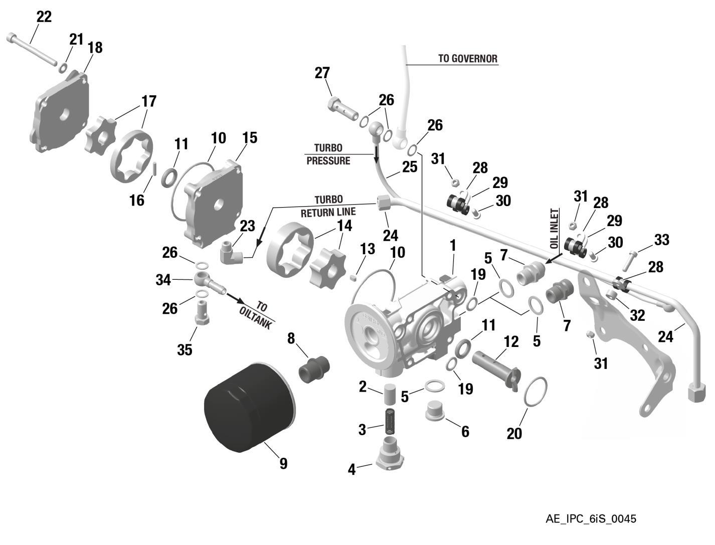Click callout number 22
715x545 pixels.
pos(44,17)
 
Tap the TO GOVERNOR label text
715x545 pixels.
pos(467,58)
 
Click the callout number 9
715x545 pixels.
pos(283,464)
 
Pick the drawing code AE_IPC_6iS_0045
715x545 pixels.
pos(590,519)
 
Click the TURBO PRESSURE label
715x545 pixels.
pos(328,154)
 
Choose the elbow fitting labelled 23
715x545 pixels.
pos(232,251)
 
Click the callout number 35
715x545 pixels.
pos(185,349)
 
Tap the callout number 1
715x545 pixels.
pos(453,246)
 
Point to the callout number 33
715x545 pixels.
pos(661,240)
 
